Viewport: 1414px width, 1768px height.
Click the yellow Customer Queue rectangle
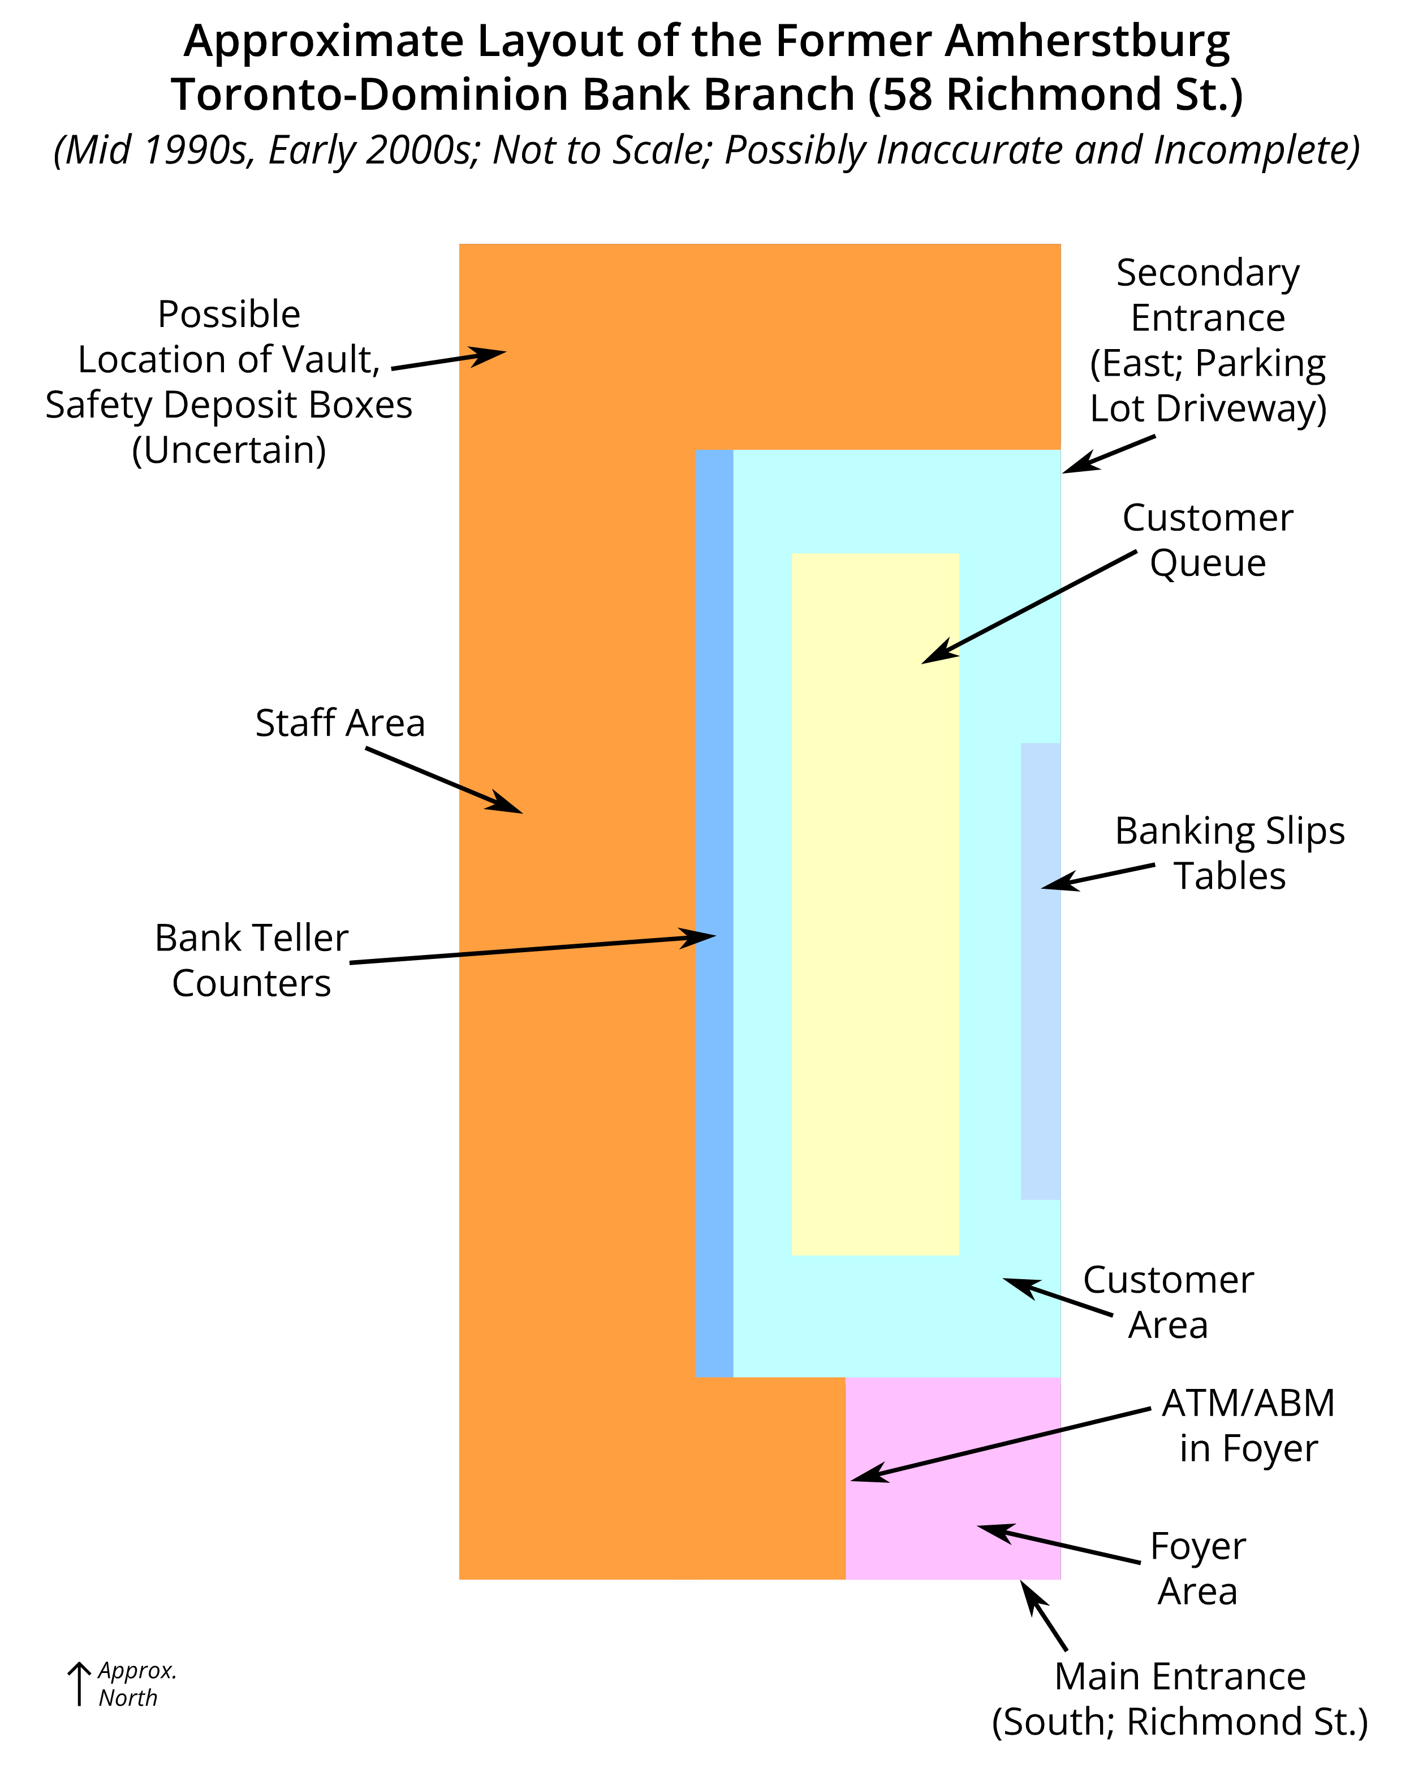(x=874, y=902)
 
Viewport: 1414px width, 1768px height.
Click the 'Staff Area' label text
(x=340, y=723)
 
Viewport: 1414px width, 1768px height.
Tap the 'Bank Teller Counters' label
(x=252, y=960)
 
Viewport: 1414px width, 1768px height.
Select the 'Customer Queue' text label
(x=1208, y=540)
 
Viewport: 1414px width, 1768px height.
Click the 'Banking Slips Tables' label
(x=1230, y=854)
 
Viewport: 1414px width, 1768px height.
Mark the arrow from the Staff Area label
(x=443, y=780)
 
